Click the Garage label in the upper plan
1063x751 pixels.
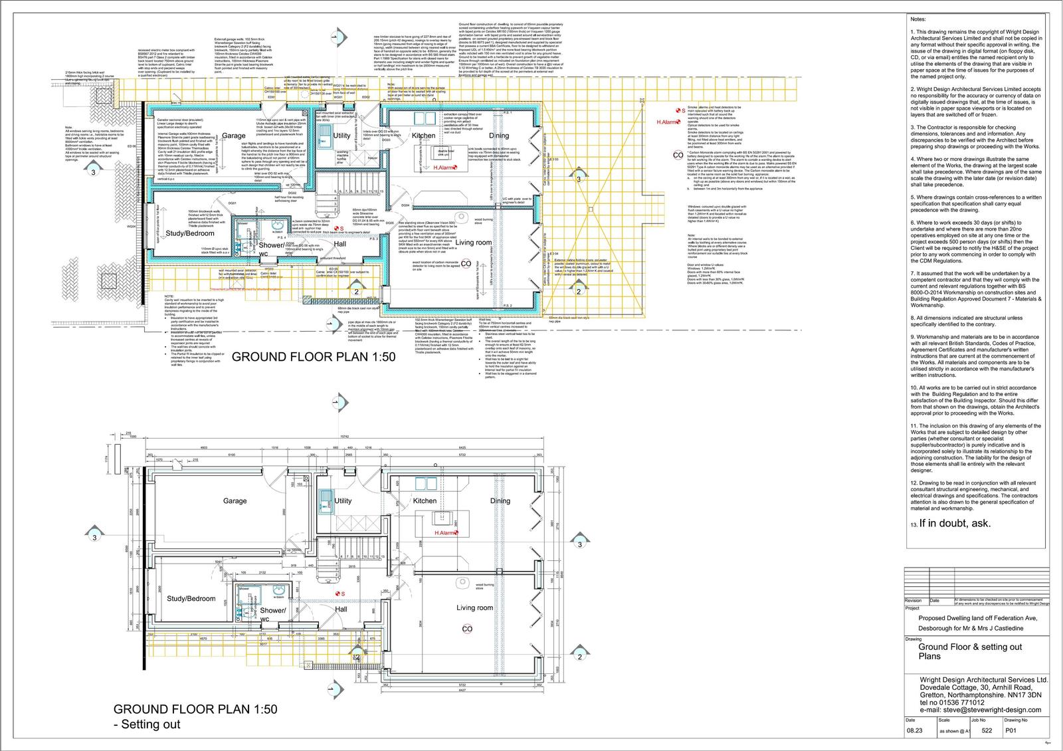click(234, 136)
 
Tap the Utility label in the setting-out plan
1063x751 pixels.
click(343, 500)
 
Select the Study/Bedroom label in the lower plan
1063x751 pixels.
click(191, 599)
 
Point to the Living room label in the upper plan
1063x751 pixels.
click(473, 243)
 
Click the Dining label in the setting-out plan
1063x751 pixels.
click(500, 500)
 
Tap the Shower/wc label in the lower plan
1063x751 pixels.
click(272, 614)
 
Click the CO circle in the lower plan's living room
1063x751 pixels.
click(467, 629)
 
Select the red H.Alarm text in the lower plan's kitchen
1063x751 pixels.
click(446, 533)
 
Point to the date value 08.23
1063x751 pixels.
click(914, 730)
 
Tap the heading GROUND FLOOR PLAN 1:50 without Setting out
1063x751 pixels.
click(313, 357)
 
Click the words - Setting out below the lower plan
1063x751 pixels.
click(147, 724)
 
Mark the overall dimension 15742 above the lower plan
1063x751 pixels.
click(343, 437)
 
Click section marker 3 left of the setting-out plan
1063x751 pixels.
click(94, 537)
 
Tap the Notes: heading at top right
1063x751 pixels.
click(917, 21)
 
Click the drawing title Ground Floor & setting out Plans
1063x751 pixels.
click(969, 651)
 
